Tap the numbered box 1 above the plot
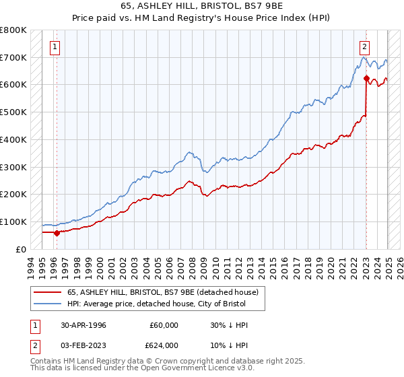click(54, 47)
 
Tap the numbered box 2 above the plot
click(364, 47)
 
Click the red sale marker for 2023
click(366, 79)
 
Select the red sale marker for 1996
click(57, 233)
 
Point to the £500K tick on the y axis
click(13, 112)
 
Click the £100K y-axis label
click(13, 221)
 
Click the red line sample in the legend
click(47, 292)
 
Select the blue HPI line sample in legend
click(47, 303)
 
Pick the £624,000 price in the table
click(164, 345)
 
